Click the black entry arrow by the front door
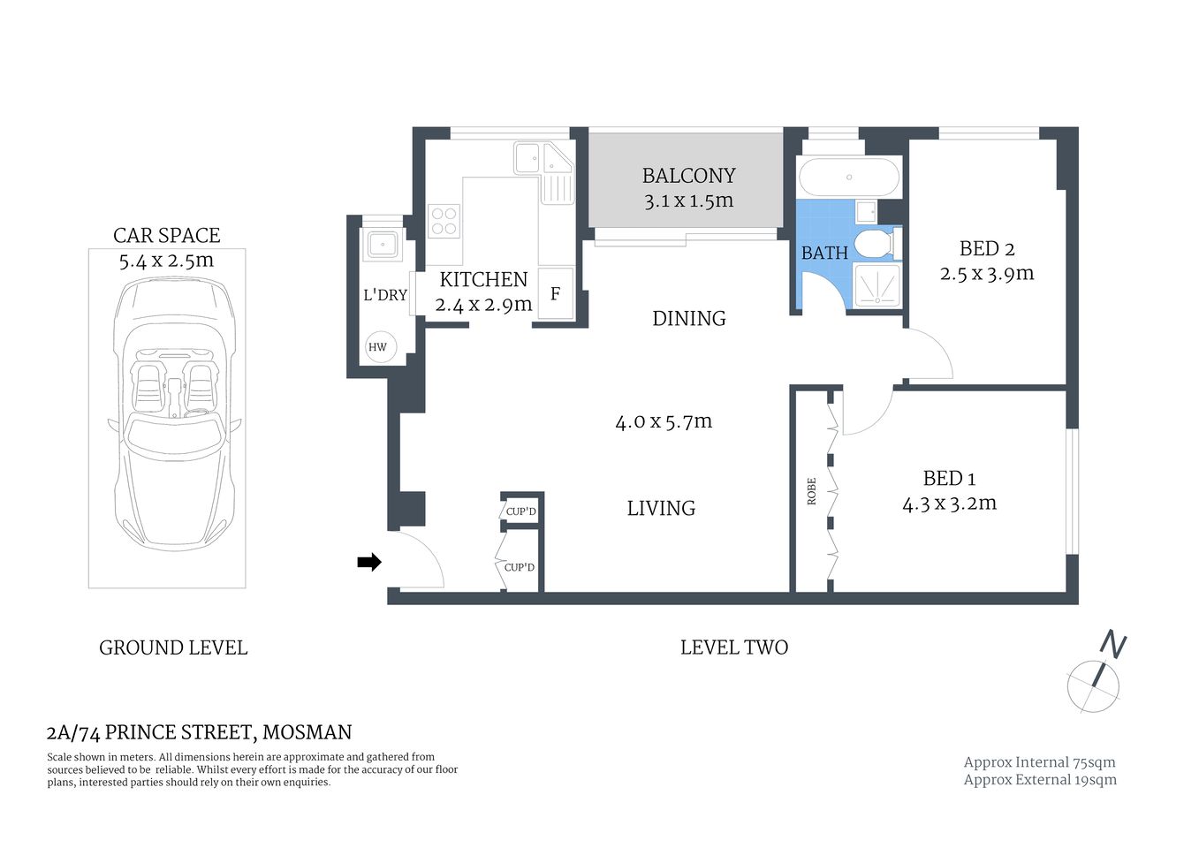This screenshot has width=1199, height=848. pyautogui.click(x=368, y=562)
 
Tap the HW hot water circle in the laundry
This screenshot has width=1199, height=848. pyautogui.click(x=378, y=347)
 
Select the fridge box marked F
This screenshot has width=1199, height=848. pyautogui.click(x=556, y=294)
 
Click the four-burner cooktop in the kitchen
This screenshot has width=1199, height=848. pyautogui.click(x=444, y=220)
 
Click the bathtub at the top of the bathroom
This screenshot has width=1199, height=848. pyautogui.click(x=849, y=177)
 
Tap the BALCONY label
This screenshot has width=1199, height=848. pyautogui.click(x=688, y=176)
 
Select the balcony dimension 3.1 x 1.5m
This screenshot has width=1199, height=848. pyautogui.click(x=688, y=201)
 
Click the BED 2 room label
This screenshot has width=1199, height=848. pyautogui.click(x=980, y=248)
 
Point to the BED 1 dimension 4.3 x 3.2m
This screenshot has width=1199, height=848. pyautogui.click(x=949, y=503)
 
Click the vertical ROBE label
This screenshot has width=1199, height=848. pyautogui.click(x=811, y=492)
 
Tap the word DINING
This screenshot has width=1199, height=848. pyautogui.click(x=688, y=318)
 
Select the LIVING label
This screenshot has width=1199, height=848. pyautogui.click(x=661, y=508)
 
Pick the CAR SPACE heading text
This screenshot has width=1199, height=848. pyautogui.click(x=166, y=235)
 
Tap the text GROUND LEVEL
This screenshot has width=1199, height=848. pyautogui.click(x=173, y=647)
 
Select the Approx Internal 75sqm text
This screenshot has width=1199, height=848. pyautogui.click(x=1039, y=762)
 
